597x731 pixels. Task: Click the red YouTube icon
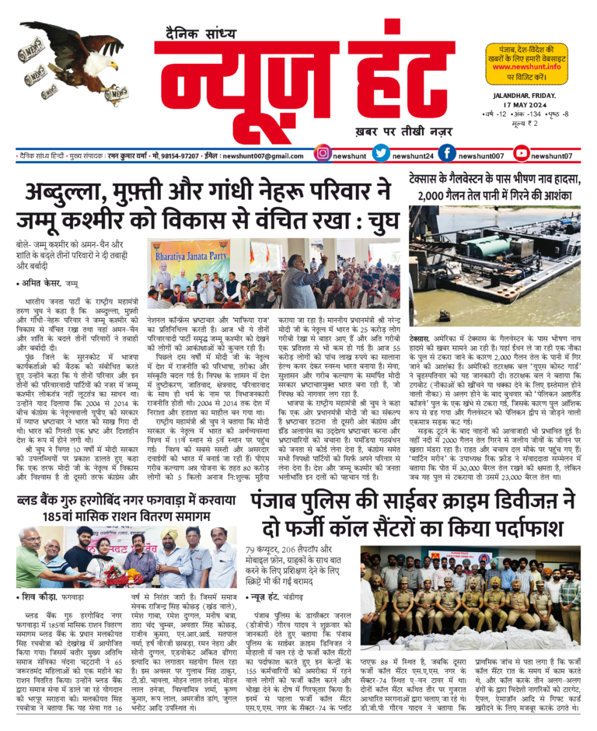click(522, 155)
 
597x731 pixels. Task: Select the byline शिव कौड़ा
click(38, 596)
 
